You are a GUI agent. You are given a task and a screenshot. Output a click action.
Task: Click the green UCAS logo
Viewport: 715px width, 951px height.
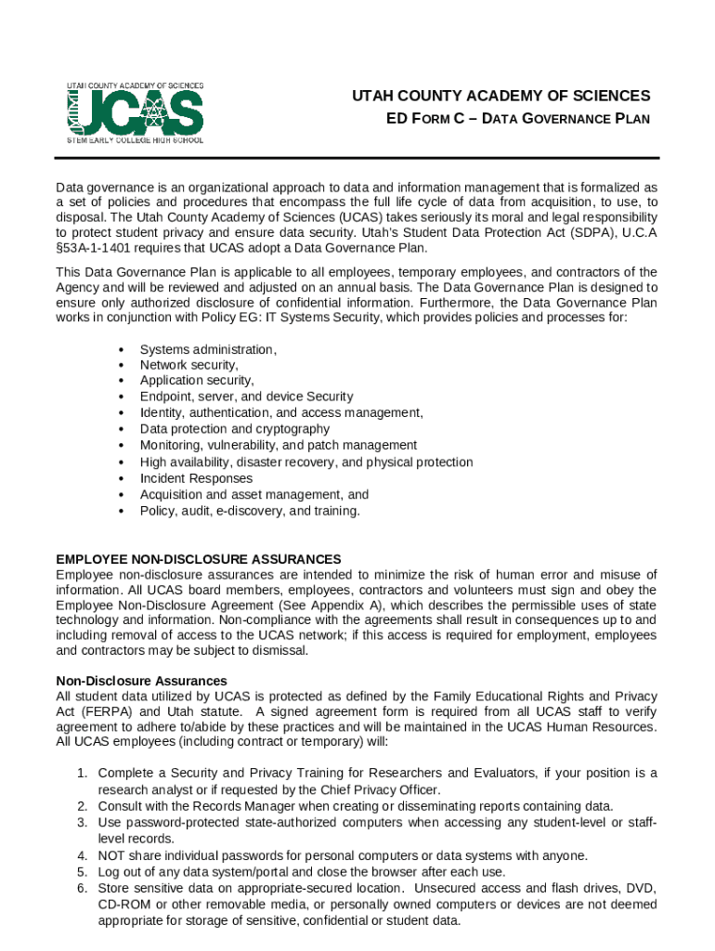point(135,112)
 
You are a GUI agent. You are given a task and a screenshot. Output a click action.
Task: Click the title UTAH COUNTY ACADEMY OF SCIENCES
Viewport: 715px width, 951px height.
point(500,97)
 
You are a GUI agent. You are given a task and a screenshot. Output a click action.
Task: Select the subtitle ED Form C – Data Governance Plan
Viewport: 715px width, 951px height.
point(517,119)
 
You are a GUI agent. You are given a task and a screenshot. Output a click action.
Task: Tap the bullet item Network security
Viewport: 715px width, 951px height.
point(188,365)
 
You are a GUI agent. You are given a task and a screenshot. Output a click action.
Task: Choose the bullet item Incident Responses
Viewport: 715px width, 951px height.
point(196,478)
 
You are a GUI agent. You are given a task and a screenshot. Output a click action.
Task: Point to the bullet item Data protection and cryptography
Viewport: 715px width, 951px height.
point(234,429)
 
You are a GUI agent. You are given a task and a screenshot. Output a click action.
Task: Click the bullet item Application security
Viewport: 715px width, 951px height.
point(196,381)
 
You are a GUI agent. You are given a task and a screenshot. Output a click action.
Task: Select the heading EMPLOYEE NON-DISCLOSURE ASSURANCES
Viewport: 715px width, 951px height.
point(199,559)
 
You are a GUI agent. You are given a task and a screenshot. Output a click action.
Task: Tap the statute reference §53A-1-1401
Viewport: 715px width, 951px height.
point(97,247)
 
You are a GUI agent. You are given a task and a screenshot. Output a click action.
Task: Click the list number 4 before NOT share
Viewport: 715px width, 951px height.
point(83,855)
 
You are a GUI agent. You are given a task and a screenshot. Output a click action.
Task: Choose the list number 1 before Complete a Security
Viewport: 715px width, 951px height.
point(83,773)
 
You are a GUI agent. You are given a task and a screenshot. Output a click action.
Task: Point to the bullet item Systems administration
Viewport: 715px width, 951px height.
point(208,349)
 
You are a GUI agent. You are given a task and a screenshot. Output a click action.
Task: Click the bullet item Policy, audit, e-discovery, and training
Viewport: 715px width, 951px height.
point(249,511)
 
